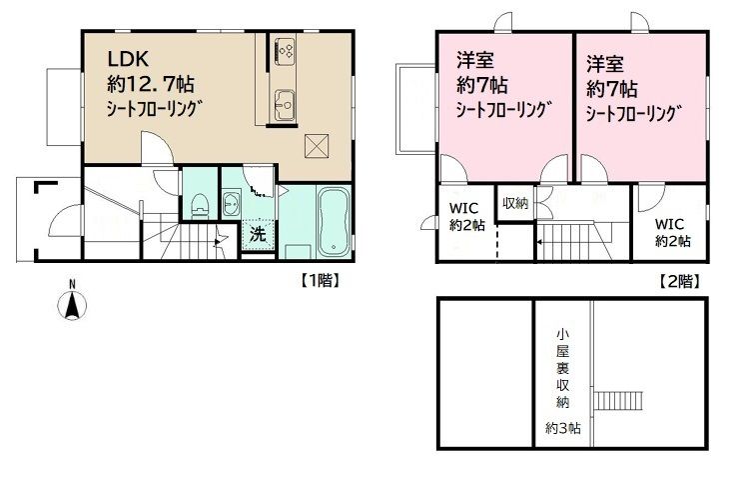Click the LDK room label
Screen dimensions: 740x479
pyautogui.click(x=129, y=59)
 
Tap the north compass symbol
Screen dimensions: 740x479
pyautogui.click(x=72, y=302)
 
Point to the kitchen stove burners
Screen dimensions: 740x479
pyautogui.click(x=285, y=49)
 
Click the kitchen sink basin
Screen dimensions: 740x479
pyautogui.click(x=285, y=101)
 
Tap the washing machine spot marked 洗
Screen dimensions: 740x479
pyautogui.click(x=258, y=234)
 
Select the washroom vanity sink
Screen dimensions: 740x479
pyautogui.click(x=231, y=203)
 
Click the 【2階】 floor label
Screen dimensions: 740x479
pyautogui.click(x=679, y=282)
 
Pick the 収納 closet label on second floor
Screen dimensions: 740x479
pyautogui.click(x=515, y=204)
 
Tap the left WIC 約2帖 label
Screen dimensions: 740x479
pyautogui.click(x=466, y=216)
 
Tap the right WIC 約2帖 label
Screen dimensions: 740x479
pyautogui.click(x=672, y=232)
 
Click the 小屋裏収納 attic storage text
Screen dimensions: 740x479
pyautogui.click(x=562, y=368)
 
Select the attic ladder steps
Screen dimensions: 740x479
pyautogui.click(x=618, y=401)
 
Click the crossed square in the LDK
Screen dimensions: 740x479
pyautogui.click(x=317, y=146)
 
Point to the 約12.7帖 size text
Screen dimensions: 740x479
pyautogui.click(x=151, y=85)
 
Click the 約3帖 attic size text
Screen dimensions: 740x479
pyautogui.click(x=563, y=428)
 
